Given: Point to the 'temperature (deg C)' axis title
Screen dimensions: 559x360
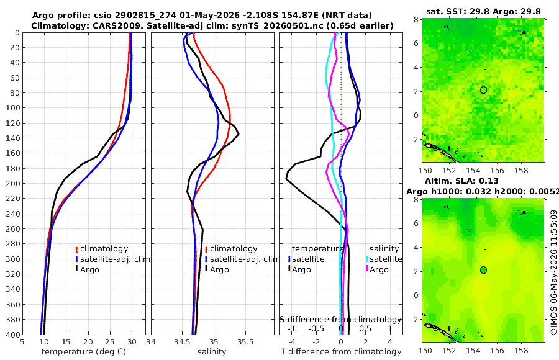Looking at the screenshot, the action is [84, 352].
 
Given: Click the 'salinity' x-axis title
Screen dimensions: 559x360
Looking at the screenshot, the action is [212, 352].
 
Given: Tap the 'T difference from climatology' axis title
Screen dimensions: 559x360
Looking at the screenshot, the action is [341, 352].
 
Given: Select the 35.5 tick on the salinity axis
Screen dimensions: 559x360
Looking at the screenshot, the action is [245, 342].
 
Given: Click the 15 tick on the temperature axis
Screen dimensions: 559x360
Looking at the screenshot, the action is [66, 342].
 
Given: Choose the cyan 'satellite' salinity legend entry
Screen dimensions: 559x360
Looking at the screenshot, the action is [384, 259].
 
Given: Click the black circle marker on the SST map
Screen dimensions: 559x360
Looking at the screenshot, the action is [483, 90].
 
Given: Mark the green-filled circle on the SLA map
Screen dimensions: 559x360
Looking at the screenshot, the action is [483, 270].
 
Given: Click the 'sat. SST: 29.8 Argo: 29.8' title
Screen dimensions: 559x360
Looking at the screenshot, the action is [483, 11].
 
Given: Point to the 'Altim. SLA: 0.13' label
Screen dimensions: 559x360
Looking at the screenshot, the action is [461, 181].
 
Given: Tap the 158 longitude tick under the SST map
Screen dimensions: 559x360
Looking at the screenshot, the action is [521, 170].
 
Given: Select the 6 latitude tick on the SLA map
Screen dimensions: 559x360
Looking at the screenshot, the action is [416, 223].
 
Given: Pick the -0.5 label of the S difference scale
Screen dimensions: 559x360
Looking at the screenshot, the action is [317, 328].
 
